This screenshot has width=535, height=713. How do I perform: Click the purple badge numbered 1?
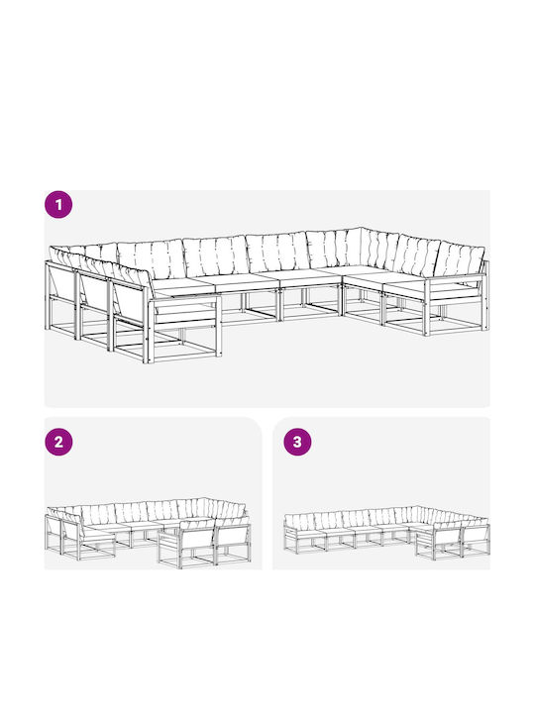[58, 205]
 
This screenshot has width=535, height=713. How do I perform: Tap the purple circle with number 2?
[58, 442]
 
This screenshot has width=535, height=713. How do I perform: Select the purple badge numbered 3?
[297, 442]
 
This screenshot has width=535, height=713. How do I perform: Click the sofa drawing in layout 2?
[148, 533]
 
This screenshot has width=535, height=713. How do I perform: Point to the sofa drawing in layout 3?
[386, 533]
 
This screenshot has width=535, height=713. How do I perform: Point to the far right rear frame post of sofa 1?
[485, 295]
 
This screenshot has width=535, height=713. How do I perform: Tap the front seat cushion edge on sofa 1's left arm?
[185, 309]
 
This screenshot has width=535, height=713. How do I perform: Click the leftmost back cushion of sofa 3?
[299, 523]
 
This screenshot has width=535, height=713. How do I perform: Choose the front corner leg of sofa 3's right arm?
[434, 548]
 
